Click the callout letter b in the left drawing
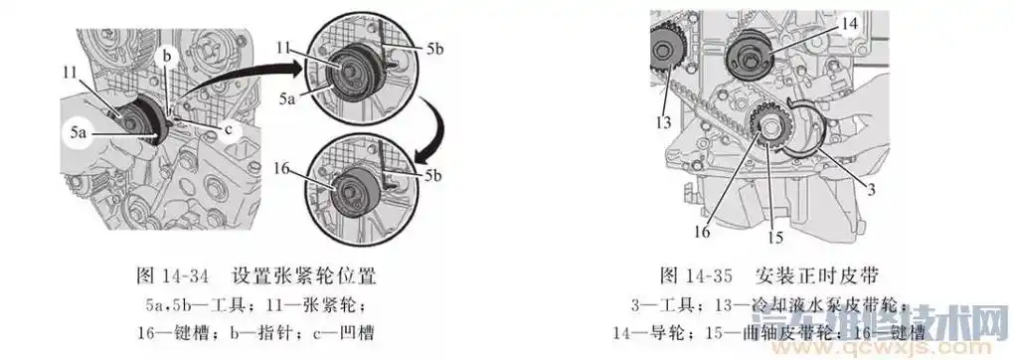coord(168,57)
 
